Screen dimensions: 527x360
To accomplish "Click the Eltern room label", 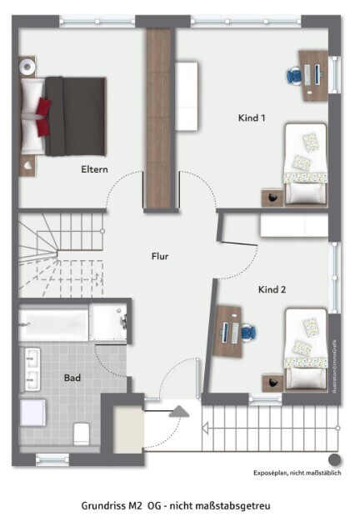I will tap(95, 169).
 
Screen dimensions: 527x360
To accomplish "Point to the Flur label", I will tap(160, 256).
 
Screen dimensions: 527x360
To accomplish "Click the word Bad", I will tap(72, 378).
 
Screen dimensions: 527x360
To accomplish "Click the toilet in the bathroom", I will tap(81, 432).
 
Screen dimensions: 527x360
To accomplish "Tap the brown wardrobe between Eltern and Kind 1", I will tap(158, 117).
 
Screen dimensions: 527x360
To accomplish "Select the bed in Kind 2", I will tap(306, 349).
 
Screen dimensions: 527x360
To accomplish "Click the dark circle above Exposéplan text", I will tap(334, 459).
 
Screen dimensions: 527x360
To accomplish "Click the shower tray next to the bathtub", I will tap(109, 322).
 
